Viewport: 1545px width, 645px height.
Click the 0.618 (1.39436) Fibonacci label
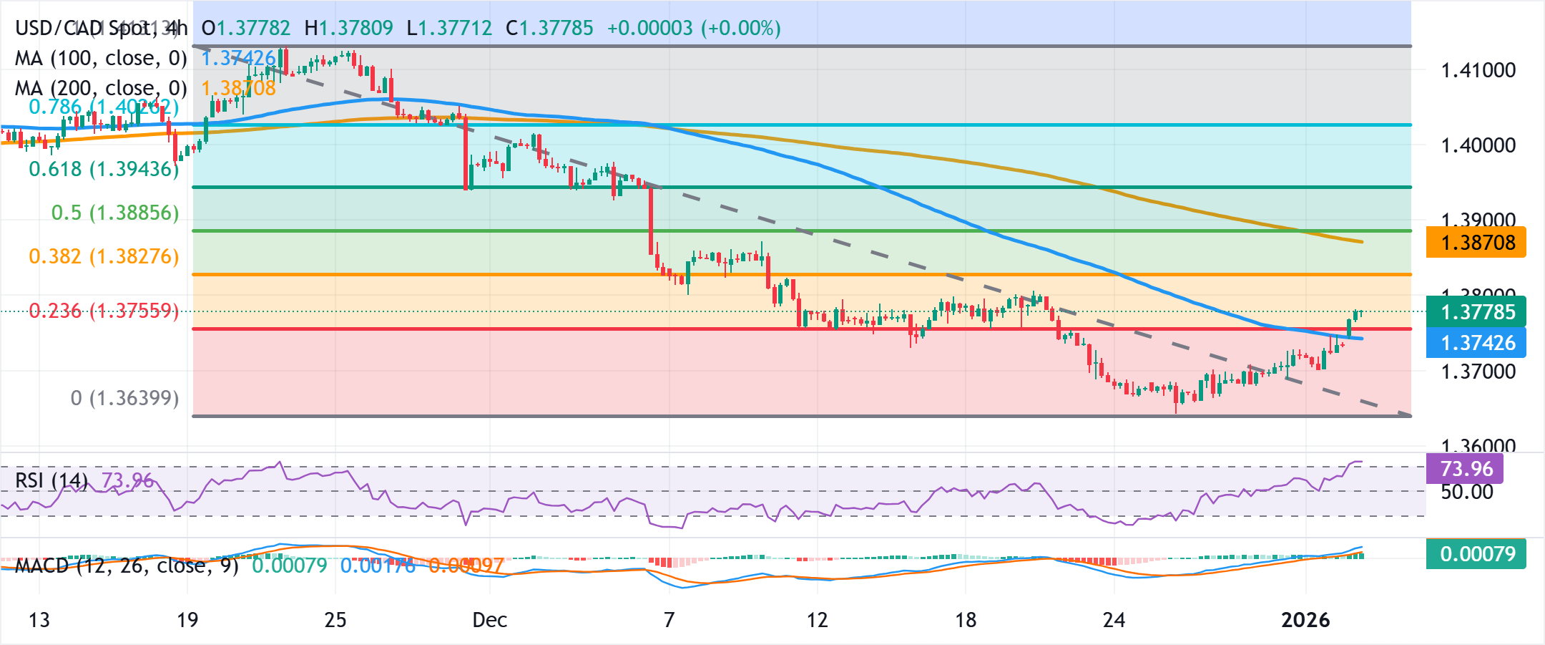point(104,169)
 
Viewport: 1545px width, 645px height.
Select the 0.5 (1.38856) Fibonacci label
point(115,213)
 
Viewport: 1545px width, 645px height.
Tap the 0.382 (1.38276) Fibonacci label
point(104,256)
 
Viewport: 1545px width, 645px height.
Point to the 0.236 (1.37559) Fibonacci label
point(104,311)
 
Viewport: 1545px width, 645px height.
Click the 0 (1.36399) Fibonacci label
point(124,398)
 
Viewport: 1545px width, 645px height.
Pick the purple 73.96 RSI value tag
point(1466,469)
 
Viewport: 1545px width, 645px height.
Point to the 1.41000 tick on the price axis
point(1478,70)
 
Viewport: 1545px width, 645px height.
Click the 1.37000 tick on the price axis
point(1478,372)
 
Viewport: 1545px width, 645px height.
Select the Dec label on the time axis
point(490,620)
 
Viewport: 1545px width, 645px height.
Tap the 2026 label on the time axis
point(1305,620)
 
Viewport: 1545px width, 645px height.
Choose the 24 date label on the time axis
point(1114,620)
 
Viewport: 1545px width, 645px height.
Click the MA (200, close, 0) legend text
point(101,88)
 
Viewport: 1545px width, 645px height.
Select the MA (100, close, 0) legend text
point(101,58)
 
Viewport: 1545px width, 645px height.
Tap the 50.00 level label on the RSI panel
point(1466,492)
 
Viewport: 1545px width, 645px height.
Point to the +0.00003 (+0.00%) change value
point(693,28)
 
